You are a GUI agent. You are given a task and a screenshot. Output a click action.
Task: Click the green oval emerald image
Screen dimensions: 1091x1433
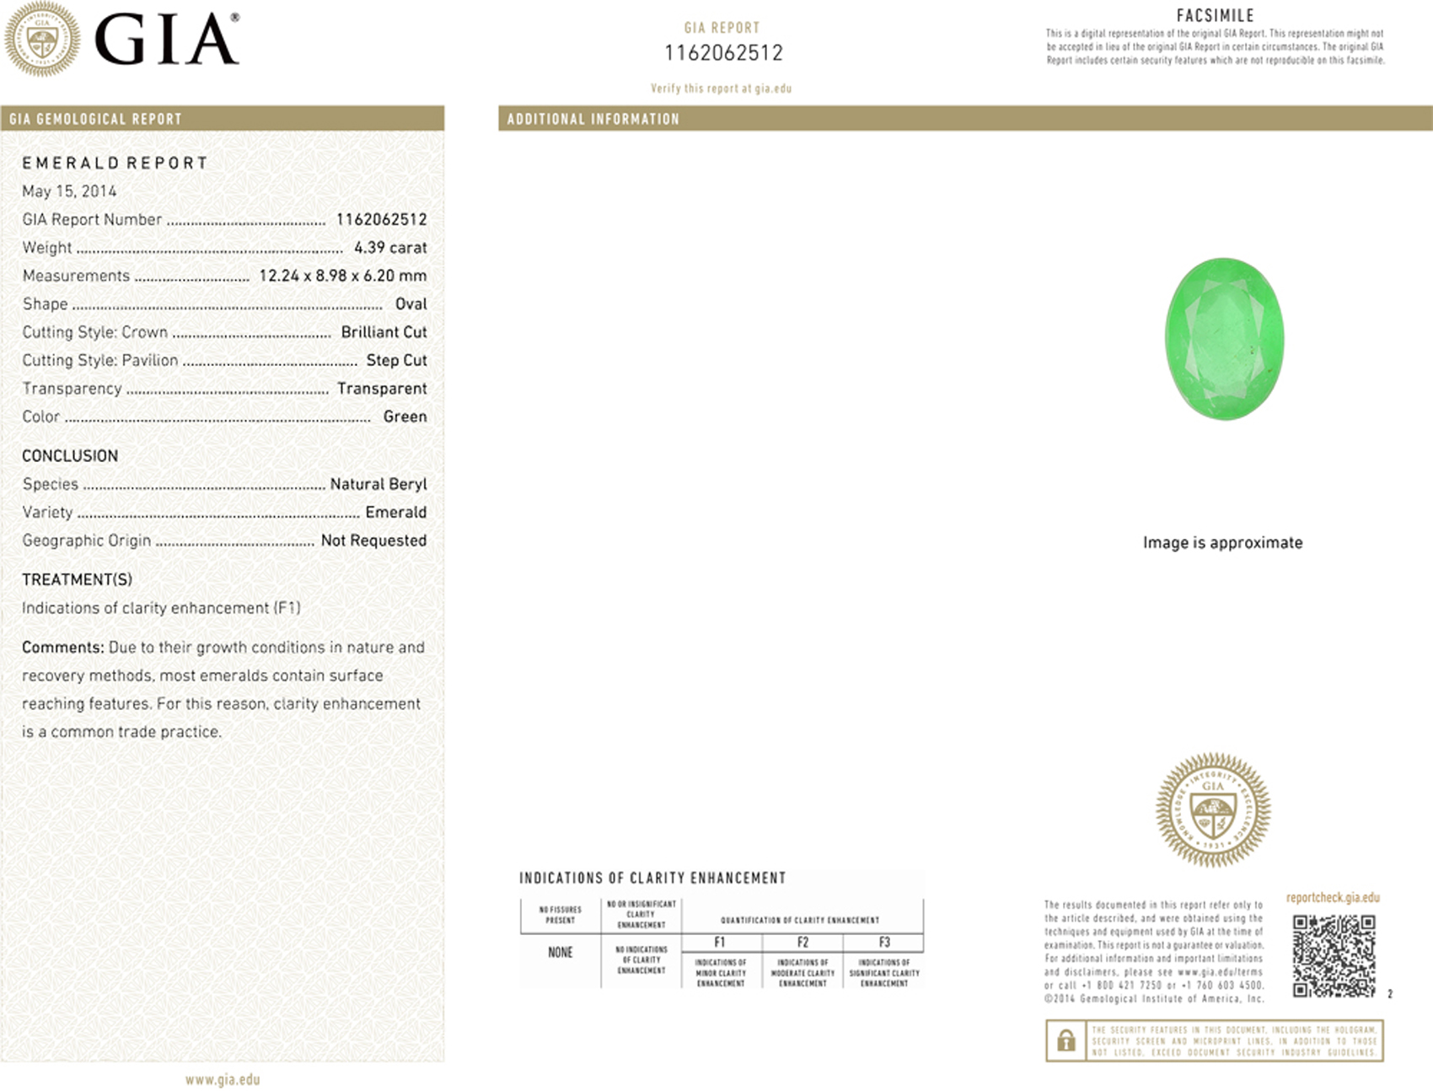pyautogui.click(x=1224, y=338)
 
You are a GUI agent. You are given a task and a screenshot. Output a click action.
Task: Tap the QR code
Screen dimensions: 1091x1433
pyautogui.click(x=1334, y=955)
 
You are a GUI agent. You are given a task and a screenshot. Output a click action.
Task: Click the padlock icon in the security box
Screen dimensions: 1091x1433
pyautogui.click(x=1066, y=1040)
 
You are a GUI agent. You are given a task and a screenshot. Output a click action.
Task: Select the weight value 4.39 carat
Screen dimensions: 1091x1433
pyautogui.click(x=390, y=247)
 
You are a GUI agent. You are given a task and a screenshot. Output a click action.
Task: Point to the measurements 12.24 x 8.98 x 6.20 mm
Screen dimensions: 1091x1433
pyautogui.click(x=342, y=276)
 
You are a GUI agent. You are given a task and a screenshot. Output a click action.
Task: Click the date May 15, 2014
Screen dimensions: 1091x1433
pyautogui.click(x=69, y=191)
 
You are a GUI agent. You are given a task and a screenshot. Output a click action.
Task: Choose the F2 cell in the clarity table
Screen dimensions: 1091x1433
pyautogui.click(x=802, y=942)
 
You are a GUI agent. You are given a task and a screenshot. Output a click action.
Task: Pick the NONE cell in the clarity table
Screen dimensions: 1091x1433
pyautogui.click(x=561, y=953)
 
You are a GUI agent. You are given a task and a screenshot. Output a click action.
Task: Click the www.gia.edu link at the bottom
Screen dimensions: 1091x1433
pyautogui.click(x=223, y=1079)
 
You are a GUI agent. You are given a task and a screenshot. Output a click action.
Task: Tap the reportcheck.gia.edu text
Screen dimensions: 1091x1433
pyautogui.click(x=1333, y=897)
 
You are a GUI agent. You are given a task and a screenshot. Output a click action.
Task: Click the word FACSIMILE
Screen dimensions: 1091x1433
pyautogui.click(x=1215, y=15)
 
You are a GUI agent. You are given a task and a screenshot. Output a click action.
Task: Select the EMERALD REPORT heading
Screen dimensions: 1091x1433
pyautogui.click(x=115, y=163)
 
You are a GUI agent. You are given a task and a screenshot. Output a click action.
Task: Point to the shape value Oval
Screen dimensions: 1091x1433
pyautogui.click(x=411, y=304)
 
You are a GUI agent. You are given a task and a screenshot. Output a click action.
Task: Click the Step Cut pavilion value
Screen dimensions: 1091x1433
pyautogui.click(x=396, y=360)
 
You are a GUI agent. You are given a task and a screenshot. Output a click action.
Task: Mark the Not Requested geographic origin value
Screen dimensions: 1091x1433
pyautogui.click(x=373, y=540)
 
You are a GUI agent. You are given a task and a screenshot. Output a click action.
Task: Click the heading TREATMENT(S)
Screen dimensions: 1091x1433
pyautogui.click(x=77, y=579)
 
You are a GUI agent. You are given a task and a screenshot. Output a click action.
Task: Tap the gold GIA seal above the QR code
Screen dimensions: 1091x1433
pyautogui.click(x=1213, y=809)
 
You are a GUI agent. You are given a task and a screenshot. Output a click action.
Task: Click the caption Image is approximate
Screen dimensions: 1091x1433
pyautogui.click(x=1222, y=542)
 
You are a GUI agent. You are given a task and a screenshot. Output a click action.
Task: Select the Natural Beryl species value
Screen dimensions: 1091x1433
pyautogui.click(x=378, y=484)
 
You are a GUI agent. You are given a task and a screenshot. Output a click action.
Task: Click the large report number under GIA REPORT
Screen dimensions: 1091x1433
pyautogui.click(x=723, y=53)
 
